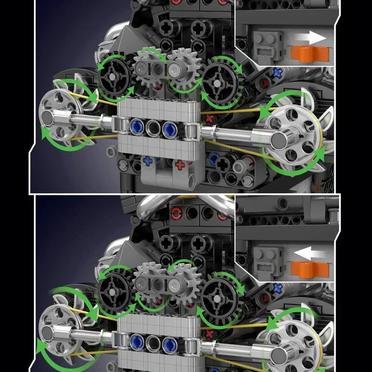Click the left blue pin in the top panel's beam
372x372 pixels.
(x=137, y=127)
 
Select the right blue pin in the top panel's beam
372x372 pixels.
(x=169, y=127)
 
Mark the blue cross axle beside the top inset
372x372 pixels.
(x=278, y=72)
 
